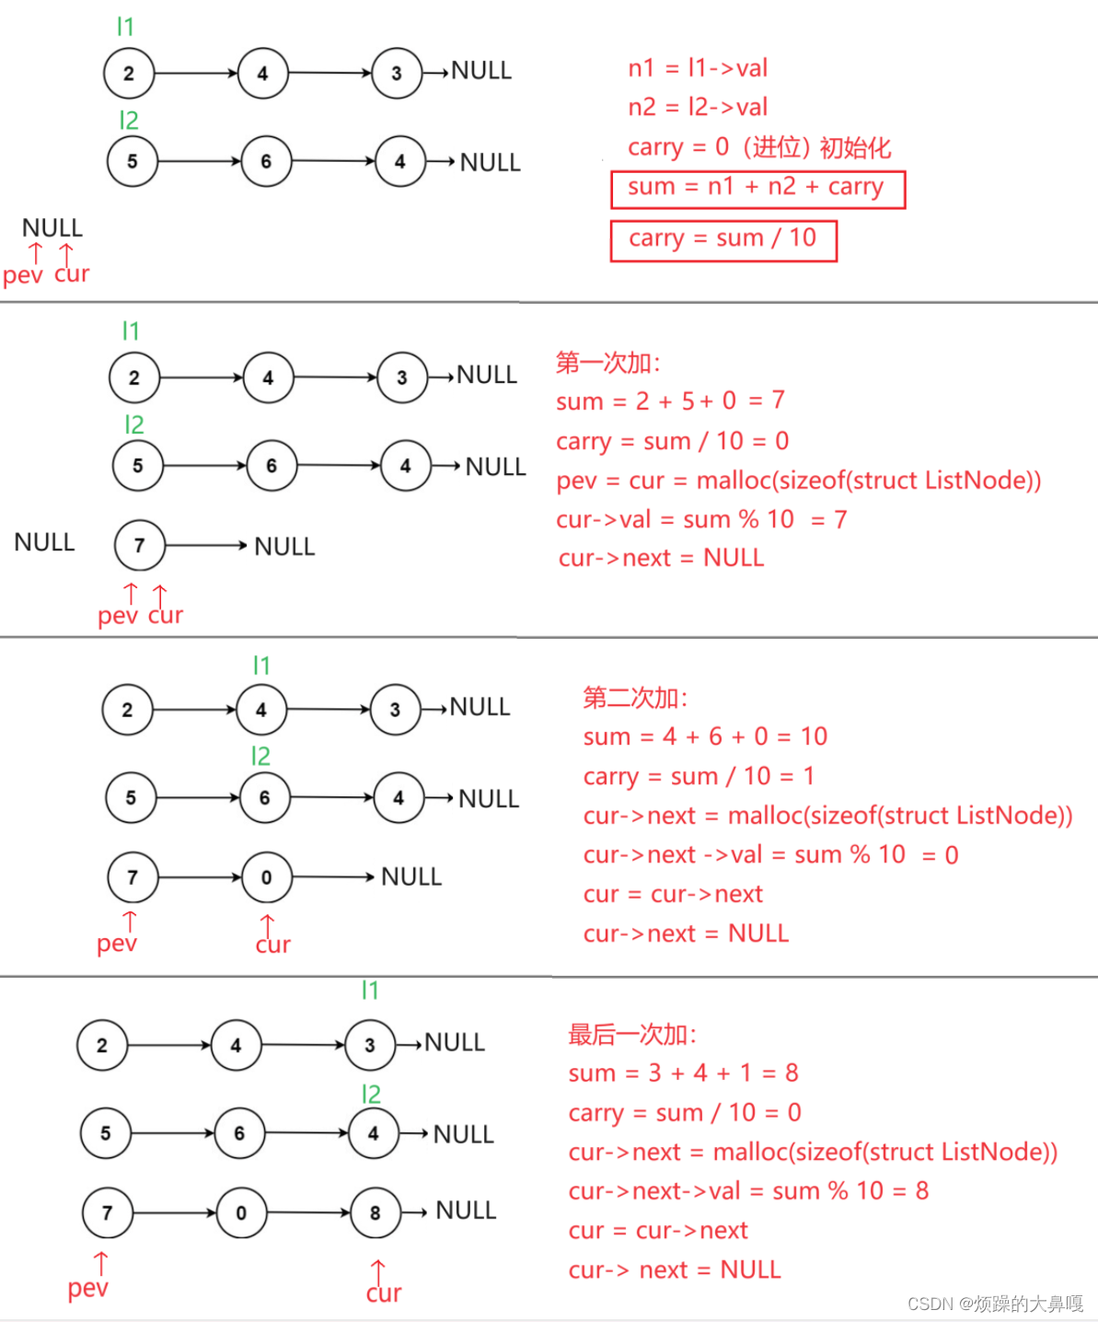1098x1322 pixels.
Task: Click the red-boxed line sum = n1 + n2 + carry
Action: [757, 188]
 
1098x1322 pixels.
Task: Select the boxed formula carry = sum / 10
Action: [723, 239]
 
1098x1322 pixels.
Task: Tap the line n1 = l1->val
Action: [698, 68]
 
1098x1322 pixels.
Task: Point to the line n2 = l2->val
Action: [698, 108]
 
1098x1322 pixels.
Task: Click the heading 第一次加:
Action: [608, 363]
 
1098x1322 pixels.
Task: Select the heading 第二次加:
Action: [635, 698]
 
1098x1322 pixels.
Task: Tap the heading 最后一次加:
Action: [632, 1035]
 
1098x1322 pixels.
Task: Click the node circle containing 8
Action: [376, 1212]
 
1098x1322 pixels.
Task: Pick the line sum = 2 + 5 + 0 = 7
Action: [670, 400]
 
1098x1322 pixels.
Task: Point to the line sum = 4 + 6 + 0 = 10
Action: [705, 736]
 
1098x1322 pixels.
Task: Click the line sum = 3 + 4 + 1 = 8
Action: [683, 1073]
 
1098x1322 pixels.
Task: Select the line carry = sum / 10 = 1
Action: [699, 776]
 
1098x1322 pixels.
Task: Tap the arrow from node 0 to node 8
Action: [308, 1212]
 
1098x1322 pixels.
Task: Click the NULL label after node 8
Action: [466, 1211]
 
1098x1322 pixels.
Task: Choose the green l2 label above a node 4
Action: [371, 1095]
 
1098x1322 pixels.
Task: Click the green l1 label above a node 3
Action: [370, 991]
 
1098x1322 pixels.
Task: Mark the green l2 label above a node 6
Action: [260, 757]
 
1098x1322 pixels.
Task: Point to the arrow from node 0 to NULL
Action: [332, 877]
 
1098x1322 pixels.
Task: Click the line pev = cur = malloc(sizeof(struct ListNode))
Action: [798, 481]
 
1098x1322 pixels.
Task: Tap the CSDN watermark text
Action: [995, 1304]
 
